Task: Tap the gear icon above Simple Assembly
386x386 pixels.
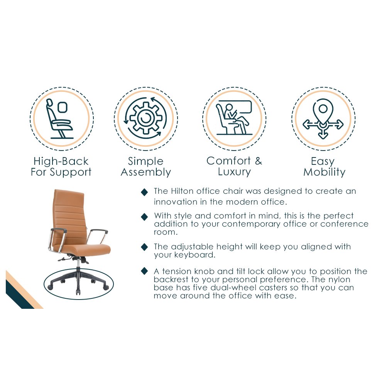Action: coord(146,119)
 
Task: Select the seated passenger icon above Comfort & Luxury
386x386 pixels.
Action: coord(234,118)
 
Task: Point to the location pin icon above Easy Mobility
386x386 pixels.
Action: coord(323,119)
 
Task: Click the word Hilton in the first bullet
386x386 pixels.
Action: coord(183,191)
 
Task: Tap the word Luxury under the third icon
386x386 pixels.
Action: coord(234,172)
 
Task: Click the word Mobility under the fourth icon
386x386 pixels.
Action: coord(325,172)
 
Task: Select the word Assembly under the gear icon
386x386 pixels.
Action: coord(146,172)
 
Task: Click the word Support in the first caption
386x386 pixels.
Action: coord(70,172)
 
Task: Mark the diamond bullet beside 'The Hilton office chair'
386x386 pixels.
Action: coord(144,192)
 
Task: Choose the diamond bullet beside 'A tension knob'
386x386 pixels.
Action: coord(144,271)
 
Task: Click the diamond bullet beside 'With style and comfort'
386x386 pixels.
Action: coord(144,217)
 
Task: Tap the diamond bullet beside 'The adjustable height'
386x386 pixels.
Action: coord(144,247)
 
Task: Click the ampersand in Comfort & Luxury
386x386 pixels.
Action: coord(259,161)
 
